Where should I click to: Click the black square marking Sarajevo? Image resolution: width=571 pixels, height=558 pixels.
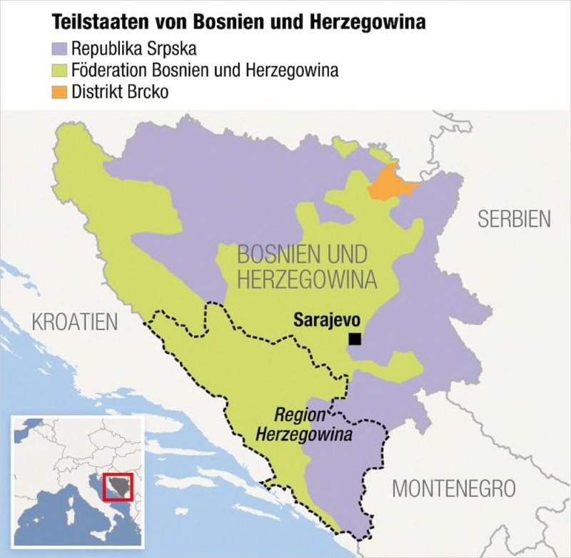point(355,340)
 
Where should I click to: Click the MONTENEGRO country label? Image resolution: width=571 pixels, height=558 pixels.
point(453,489)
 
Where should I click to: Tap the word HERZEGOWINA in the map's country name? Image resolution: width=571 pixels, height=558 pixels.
point(307,280)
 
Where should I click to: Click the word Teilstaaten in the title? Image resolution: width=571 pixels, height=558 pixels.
point(93,23)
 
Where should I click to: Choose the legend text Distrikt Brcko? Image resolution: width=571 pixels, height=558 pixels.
point(119,92)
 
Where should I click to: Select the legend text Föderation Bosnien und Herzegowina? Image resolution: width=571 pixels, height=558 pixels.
point(204,71)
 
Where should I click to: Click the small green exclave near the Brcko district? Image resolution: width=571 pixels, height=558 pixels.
point(350,146)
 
